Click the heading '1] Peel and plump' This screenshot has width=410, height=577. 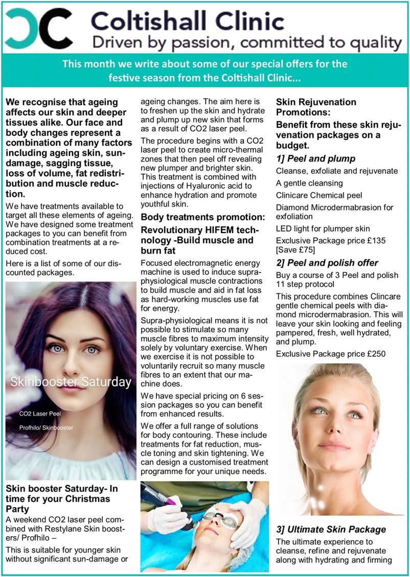click(x=315, y=158)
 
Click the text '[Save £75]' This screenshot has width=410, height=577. click(x=295, y=249)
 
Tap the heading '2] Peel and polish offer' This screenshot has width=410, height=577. click(x=327, y=263)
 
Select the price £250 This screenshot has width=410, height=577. click(x=374, y=353)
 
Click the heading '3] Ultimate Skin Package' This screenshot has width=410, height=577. click(x=331, y=529)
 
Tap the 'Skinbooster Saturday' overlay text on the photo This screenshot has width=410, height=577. click(x=71, y=382)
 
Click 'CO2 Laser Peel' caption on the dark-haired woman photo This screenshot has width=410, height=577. click(x=41, y=412)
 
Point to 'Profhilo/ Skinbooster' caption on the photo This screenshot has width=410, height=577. click(x=47, y=427)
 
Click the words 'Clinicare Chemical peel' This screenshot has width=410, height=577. click(x=318, y=195)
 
